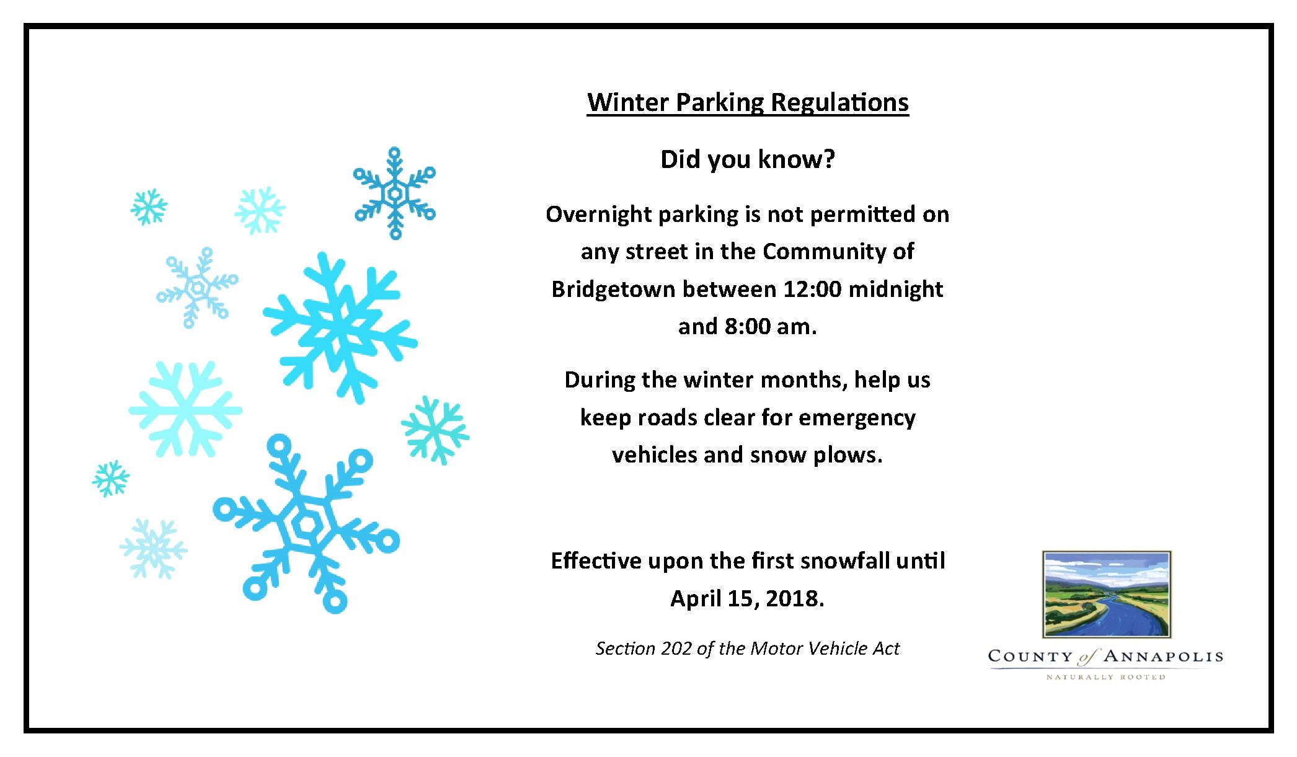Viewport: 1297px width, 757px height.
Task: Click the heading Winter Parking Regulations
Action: pyautogui.click(x=748, y=103)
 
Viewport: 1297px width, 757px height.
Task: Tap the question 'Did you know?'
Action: pyautogui.click(x=748, y=159)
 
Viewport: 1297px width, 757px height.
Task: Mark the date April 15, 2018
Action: pyautogui.click(x=748, y=599)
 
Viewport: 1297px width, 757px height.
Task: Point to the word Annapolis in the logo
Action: pyautogui.click(x=1164, y=657)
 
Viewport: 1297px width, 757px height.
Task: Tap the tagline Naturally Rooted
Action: pyautogui.click(x=1106, y=677)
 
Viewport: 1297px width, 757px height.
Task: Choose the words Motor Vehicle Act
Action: pyautogui.click(x=825, y=649)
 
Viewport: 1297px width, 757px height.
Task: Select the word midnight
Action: pyautogui.click(x=895, y=290)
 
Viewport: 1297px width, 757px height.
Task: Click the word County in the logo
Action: pyautogui.click(x=1030, y=657)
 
